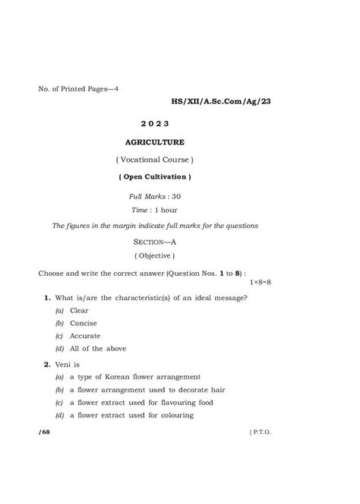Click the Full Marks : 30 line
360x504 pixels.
tap(154, 196)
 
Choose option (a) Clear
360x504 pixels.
tap(72, 310)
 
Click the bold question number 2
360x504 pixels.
tap(46, 364)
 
